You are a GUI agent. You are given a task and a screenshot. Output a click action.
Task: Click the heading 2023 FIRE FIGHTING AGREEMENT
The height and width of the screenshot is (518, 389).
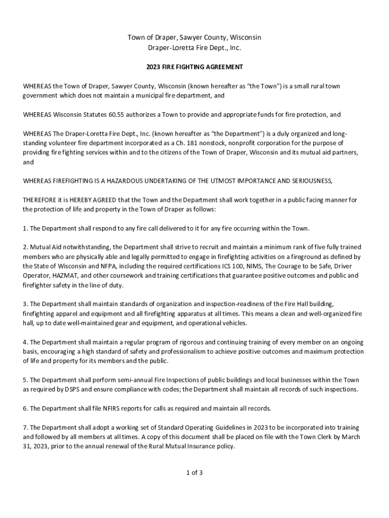(x=194, y=67)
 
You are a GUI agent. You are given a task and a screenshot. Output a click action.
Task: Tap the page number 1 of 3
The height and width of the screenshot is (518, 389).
(x=194, y=473)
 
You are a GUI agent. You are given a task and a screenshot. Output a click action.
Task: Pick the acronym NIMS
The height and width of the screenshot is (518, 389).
(x=254, y=266)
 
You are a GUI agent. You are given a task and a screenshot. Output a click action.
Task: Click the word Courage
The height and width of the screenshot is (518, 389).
(x=289, y=266)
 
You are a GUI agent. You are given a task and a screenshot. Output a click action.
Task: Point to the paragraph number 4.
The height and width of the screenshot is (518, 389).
(x=25, y=342)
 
